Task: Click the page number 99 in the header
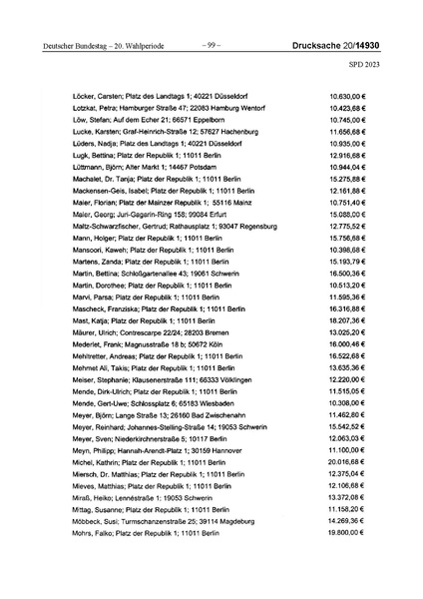pyautogui.click(x=211, y=45)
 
